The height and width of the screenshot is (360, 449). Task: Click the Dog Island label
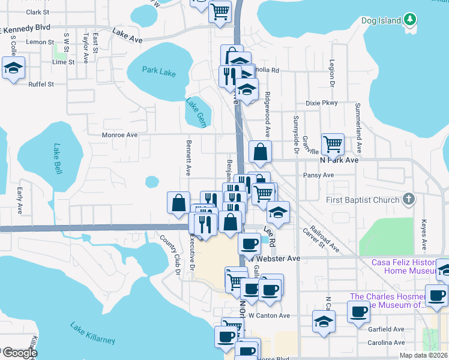pyautogui.click(x=381, y=21)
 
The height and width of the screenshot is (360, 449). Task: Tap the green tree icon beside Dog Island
pyautogui.click(x=410, y=20)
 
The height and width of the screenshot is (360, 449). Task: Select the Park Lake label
pyautogui.click(x=159, y=71)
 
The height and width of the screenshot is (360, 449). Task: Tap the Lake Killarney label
pyautogui.click(x=92, y=333)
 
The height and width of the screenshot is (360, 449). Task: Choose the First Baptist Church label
pyautogui.click(x=363, y=200)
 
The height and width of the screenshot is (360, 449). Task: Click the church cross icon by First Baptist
pyautogui.click(x=408, y=199)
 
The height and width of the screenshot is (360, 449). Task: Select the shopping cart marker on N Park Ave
pyautogui.click(x=333, y=144)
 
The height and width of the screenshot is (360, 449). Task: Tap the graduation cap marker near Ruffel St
pyautogui.click(x=13, y=68)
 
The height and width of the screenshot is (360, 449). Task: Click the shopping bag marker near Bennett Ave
pyautogui.click(x=179, y=203)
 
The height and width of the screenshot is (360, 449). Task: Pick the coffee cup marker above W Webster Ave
pyautogui.click(x=249, y=243)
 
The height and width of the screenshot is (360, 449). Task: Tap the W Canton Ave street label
pyautogui.click(x=269, y=316)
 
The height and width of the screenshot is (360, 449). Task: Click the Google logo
pyautogui.click(x=19, y=353)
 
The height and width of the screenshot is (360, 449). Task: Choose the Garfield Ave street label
pyautogui.click(x=387, y=329)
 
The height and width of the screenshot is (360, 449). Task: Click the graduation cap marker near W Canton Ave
pyautogui.click(x=324, y=321)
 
